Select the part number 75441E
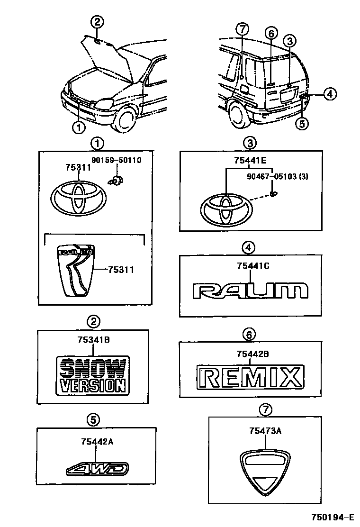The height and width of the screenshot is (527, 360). tap(249, 160)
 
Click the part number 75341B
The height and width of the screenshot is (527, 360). tap(93, 339)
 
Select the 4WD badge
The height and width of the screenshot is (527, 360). tap(97, 469)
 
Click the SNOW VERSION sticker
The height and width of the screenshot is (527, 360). tap(92, 375)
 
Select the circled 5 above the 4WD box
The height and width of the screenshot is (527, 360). tap(93, 418)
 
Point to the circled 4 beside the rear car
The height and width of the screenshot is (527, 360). tap(330, 94)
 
